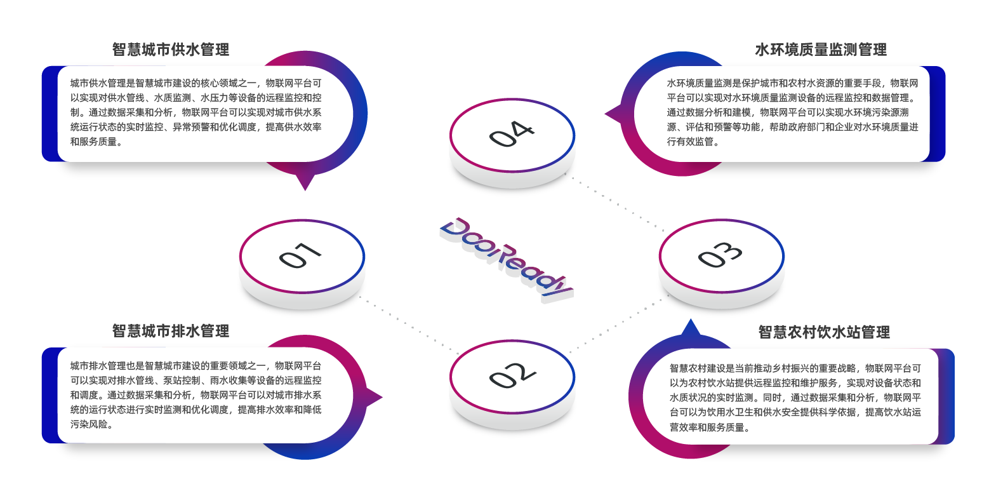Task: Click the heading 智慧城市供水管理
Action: [170, 50]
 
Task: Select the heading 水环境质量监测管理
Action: [820, 50]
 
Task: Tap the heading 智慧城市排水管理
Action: [170, 331]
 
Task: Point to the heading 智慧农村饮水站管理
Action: [823, 332]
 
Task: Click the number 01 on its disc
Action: [300, 255]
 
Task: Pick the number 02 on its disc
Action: [512, 375]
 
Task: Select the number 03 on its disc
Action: [720, 255]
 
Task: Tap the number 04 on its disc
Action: [512, 134]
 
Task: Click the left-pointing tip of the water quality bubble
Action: [611, 115]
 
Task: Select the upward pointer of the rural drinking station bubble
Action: [690, 327]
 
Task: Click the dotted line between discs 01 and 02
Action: [409, 325]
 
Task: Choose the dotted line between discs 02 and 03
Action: [613, 328]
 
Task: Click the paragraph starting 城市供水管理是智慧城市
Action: [196, 112]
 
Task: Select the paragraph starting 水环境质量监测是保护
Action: [792, 112]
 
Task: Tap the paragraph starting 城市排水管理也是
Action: [196, 395]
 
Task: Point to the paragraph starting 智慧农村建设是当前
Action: [795, 398]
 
